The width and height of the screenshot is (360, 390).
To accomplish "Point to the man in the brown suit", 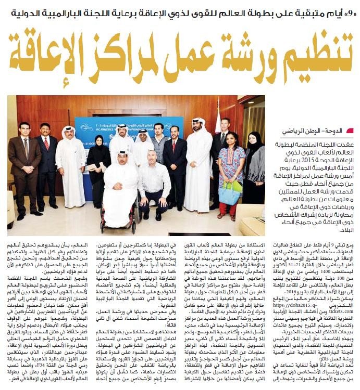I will click(x=24, y=161).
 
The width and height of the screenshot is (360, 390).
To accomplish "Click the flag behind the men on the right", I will click(x=216, y=122).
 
